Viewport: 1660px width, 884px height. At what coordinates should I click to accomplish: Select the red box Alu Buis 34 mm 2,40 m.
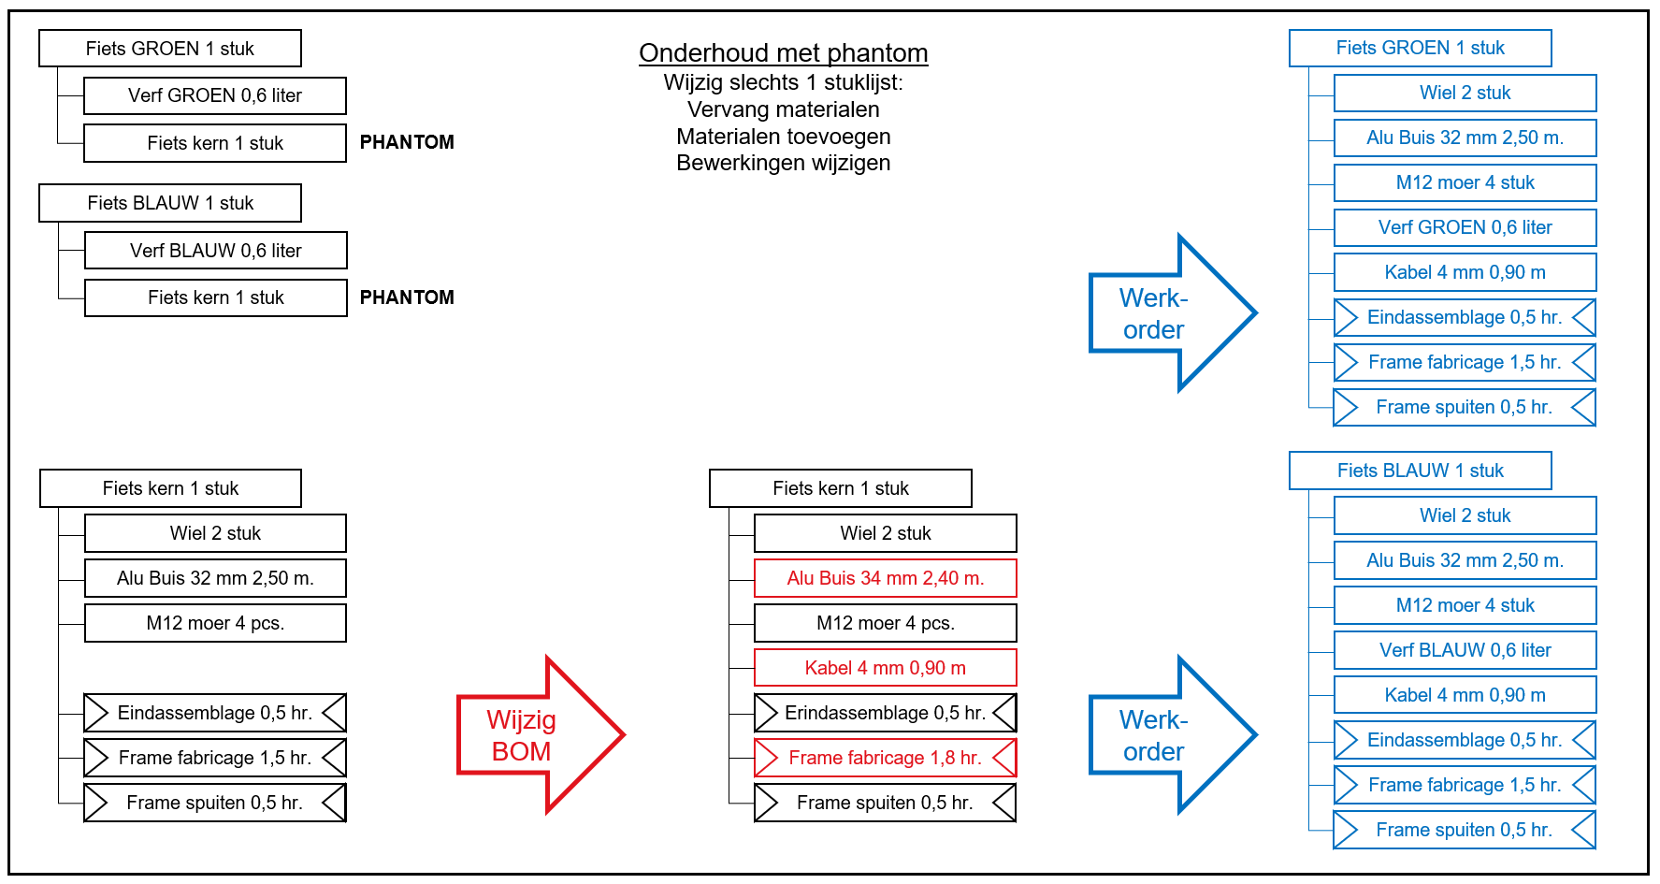(885, 578)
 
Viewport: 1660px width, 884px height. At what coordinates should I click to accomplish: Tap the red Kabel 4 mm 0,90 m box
(885, 668)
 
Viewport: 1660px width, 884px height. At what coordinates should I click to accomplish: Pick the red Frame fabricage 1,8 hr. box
(885, 758)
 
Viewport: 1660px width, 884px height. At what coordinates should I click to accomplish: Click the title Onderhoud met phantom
(784, 53)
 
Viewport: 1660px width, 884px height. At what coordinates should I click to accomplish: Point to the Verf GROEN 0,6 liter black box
(215, 95)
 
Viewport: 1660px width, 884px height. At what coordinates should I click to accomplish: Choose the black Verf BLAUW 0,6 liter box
(216, 251)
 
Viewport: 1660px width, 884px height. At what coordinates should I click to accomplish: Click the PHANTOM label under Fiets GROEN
(407, 142)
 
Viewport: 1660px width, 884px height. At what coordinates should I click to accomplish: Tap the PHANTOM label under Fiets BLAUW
(407, 297)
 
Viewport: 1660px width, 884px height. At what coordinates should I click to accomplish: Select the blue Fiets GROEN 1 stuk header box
(1420, 48)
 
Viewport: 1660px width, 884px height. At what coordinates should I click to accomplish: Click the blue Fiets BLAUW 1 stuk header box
(1420, 471)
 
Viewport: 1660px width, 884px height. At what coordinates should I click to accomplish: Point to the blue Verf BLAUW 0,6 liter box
(1465, 650)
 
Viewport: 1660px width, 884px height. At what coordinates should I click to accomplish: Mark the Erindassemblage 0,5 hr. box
(885, 713)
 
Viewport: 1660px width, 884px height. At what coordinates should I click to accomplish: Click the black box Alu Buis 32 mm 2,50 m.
(215, 578)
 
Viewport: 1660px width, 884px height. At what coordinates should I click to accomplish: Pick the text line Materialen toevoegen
(784, 137)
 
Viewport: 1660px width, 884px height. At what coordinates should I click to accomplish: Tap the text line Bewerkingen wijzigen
(784, 163)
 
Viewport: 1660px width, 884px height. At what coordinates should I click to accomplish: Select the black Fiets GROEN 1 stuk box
(170, 49)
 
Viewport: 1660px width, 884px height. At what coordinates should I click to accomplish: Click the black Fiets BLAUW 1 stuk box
(170, 203)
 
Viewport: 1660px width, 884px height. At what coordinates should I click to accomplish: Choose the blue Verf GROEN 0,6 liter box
(1465, 227)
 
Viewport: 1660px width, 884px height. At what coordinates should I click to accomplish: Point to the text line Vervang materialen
(784, 109)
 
